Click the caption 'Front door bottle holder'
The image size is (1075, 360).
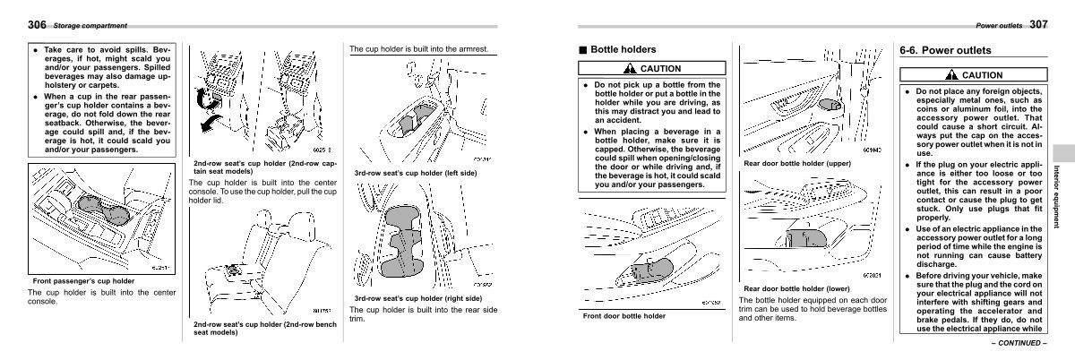624,316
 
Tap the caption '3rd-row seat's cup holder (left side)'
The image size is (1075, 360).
416,172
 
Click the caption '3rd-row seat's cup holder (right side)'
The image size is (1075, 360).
417,297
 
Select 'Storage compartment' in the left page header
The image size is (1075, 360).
89,25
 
